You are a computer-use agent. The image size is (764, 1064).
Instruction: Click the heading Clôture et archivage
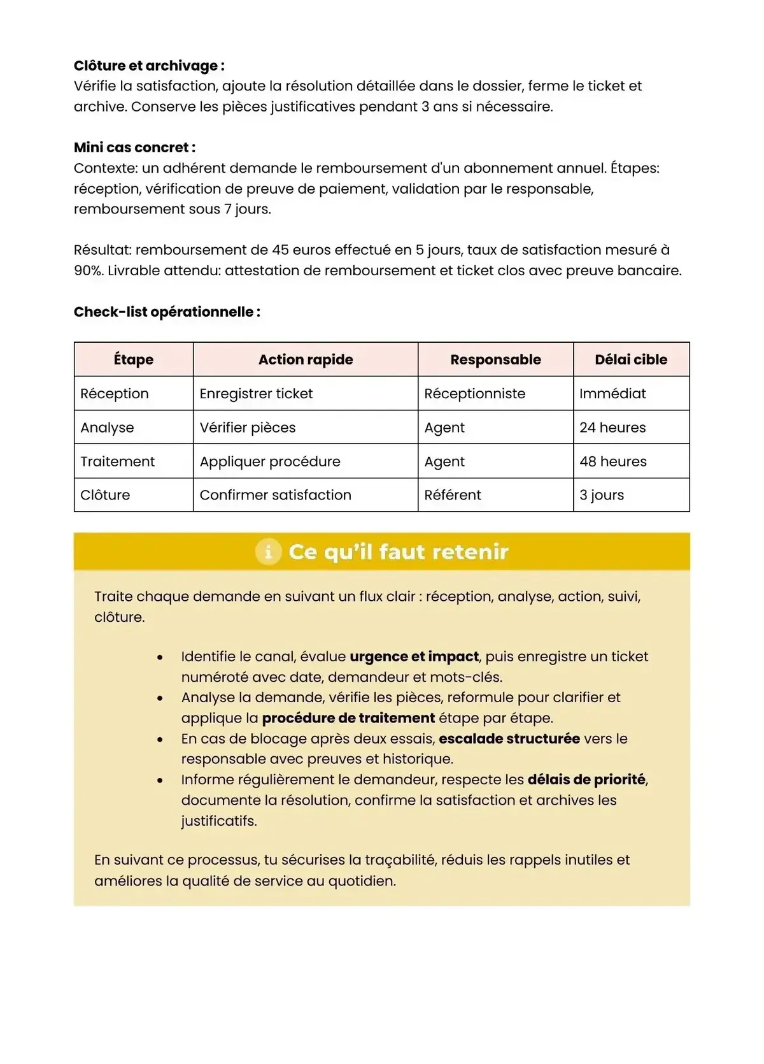(x=149, y=66)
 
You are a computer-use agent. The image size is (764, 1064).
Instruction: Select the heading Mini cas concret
(x=134, y=147)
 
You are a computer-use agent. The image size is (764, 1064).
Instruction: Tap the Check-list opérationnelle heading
(x=167, y=312)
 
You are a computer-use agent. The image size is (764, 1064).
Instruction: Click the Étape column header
(x=134, y=359)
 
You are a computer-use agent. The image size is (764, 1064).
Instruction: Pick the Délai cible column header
(x=630, y=359)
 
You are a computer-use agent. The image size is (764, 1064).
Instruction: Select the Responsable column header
(x=495, y=359)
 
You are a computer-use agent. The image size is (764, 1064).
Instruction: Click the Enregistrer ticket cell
(x=256, y=394)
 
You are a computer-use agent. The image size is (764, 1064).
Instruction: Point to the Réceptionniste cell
(x=474, y=394)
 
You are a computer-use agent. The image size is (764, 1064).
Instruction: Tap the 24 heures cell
(x=612, y=428)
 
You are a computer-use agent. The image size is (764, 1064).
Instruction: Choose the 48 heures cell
(x=612, y=461)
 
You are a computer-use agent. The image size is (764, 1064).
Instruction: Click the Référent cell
(x=453, y=495)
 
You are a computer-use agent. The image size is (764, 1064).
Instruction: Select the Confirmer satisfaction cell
(x=275, y=495)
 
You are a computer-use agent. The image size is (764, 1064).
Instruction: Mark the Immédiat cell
(x=612, y=394)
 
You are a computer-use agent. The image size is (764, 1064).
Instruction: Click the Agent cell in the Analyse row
(x=444, y=428)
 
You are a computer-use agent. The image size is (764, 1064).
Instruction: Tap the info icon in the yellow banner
(x=268, y=551)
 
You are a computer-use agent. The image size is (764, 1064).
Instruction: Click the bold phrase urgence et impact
(x=414, y=656)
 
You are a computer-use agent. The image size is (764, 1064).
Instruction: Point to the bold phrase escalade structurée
(x=509, y=738)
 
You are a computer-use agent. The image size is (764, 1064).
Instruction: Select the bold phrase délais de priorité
(x=586, y=779)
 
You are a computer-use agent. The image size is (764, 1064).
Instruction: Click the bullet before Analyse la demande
(x=160, y=698)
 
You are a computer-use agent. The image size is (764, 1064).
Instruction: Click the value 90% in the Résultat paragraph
(x=88, y=270)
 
